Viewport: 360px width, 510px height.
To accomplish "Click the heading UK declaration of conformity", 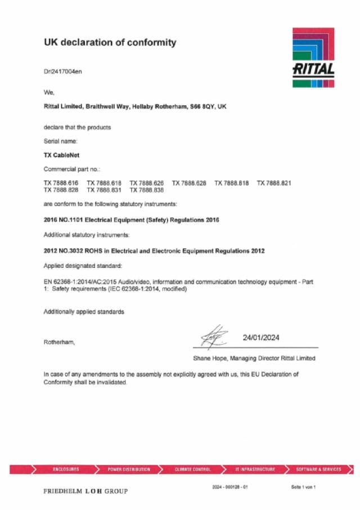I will click(110, 42).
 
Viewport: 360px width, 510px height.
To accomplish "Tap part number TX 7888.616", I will click(61, 184).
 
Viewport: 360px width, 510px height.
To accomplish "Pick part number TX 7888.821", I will click(274, 184).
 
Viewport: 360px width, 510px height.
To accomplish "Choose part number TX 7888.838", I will click(147, 191).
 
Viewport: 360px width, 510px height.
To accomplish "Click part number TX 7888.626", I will click(147, 184).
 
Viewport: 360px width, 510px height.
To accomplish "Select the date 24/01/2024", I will click(261, 338).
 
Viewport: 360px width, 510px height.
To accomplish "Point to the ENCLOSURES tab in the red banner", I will click(66, 469).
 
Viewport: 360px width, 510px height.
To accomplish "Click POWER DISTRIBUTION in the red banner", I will click(129, 469).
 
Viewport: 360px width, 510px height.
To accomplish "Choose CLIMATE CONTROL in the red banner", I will click(193, 469).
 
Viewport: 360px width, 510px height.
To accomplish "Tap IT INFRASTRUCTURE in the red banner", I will click(255, 469).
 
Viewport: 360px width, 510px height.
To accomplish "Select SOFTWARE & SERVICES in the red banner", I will click(318, 469).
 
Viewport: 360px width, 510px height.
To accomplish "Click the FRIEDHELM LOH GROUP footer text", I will click(85, 491).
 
